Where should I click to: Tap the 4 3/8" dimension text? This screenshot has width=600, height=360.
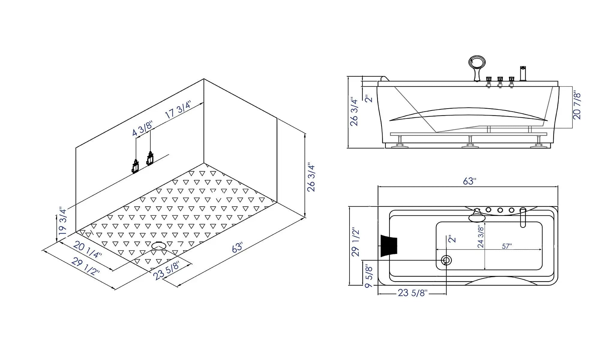(x=142, y=129)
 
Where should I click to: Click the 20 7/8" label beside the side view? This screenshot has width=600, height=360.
(x=577, y=106)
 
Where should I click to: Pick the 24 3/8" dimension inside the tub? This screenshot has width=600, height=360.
(x=481, y=236)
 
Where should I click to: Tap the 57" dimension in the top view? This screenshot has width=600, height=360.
(x=507, y=246)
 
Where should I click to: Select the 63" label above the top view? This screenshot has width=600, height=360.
(x=469, y=181)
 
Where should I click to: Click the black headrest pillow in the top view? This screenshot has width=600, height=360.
(x=389, y=246)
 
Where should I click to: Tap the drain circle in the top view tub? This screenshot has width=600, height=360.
(x=446, y=260)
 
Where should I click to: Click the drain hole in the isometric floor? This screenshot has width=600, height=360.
(x=159, y=246)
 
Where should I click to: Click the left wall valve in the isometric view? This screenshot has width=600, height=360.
(x=135, y=166)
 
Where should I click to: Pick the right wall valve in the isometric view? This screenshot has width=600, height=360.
(x=150, y=158)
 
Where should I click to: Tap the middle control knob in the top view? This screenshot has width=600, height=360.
(x=500, y=210)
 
